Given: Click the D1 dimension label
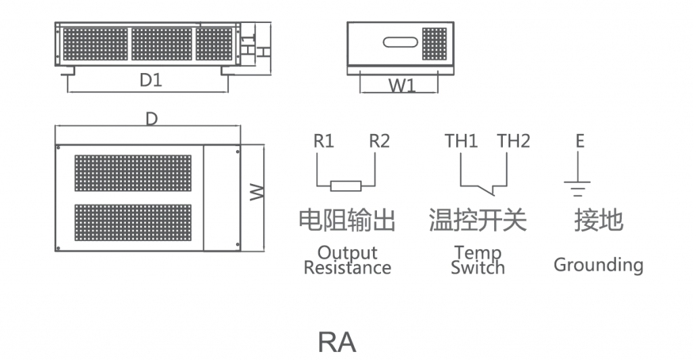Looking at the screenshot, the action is (x=151, y=80).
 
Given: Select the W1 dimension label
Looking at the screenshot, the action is (x=402, y=85).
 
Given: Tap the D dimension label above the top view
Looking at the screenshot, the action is (x=152, y=118).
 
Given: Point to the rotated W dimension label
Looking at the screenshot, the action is (x=256, y=193).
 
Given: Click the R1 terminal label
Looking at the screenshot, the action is (x=323, y=141).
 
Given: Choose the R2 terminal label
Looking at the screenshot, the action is (x=379, y=141).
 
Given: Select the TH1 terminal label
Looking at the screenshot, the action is (x=461, y=141).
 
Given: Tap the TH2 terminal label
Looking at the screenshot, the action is (x=514, y=141).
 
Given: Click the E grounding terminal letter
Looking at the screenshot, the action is (x=580, y=141).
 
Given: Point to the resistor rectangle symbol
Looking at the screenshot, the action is (x=346, y=186).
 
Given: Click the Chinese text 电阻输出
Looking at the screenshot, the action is (x=347, y=220).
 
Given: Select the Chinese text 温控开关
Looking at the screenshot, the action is (x=478, y=220).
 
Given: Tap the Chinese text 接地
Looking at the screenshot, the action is (x=598, y=220).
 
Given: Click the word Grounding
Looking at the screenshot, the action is (x=598, y=265).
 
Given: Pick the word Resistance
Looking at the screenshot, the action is (x=347, y=268).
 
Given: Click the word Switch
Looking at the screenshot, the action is (x=478, y=268).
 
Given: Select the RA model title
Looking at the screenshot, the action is (x=337, y=342).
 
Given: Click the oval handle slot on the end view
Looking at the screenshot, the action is (x=401, y=43).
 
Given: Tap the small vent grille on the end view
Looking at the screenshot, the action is (x=434, y=44).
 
